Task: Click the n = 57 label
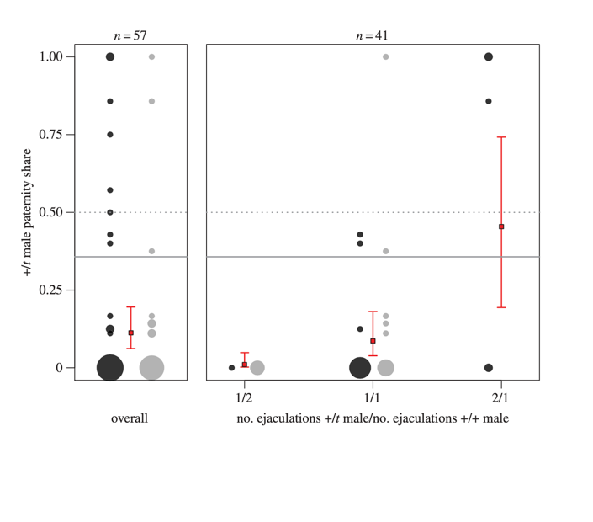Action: pyautogui.click(x=130, y=35)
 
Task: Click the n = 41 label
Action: pyautogui.click(x=372, y=35)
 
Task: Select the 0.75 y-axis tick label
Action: pyautogui.click(x=51, y=134)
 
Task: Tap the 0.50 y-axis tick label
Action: pyautogui.click(x=51, y=212)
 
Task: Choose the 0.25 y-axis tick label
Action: pyautogui.click(x=51, y=290)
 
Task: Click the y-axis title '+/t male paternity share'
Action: pyautogui.click(x=28, y=212)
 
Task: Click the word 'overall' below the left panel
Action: pyautogui.click(x=130, y=418)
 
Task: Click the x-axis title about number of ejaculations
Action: pyautogui.click(x=373, y=418)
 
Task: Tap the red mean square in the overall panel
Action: pyautogui.click(x=130, y=333)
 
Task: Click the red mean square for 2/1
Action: pyautogui.click(x=501, y=226)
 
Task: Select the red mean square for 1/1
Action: pyautogui.click(x=373, y=341)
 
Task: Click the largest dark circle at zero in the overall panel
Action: pyautogui.click(x=110, y=368)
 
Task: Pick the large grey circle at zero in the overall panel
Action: pyautogui.click(x=151, y=368)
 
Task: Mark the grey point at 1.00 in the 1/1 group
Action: pyautogui.click(x=386, y=56)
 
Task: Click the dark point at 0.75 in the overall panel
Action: pyautogui.click(x=110, y=134)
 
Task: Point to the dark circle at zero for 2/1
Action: pyautogui.click(x=489, y=368)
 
